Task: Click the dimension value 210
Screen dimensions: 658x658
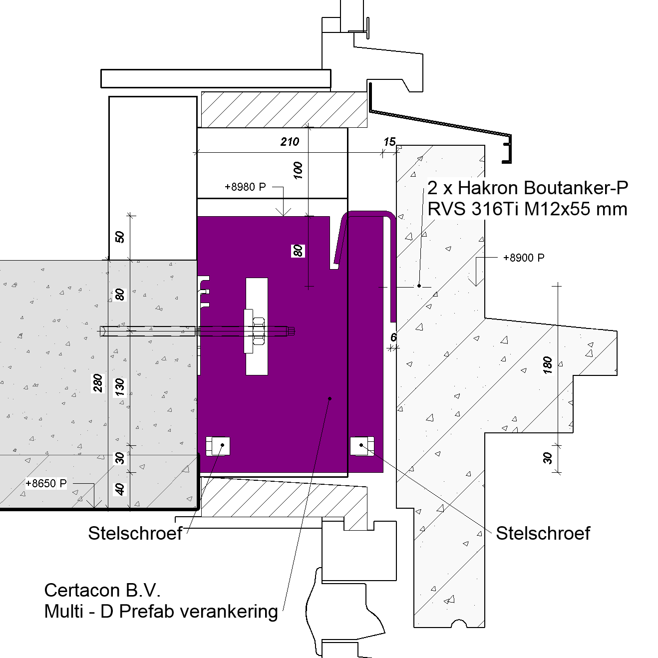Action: [x=290, y=142]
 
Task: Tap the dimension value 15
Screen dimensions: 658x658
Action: [x=389, y=142]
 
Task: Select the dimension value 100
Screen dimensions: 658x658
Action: [x=298, y=170]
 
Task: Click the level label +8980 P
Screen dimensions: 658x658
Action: [x=245, y=187]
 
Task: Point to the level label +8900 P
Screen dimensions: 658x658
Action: [x=523, y=258]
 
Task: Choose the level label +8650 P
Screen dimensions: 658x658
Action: [x=46, y=483]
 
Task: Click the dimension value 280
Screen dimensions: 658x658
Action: [x=98, y=383]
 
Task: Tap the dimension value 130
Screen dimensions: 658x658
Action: [x=120, y=387]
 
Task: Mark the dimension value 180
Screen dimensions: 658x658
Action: [x=548, y=365]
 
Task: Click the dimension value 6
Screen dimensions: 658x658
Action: [x=393, y=337]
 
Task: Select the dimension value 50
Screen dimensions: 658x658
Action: [x=120, y=237]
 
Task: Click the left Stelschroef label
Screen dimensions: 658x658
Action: [x=135, y=533]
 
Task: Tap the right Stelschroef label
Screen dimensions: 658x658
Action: [x=543, y=533]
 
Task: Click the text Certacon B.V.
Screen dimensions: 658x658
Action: [x=102, y=590]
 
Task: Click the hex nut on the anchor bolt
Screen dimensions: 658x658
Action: [x=258, y=330]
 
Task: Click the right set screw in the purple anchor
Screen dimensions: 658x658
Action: [x=362, y=445]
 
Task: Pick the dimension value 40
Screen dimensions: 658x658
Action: [x=120, y=490]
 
